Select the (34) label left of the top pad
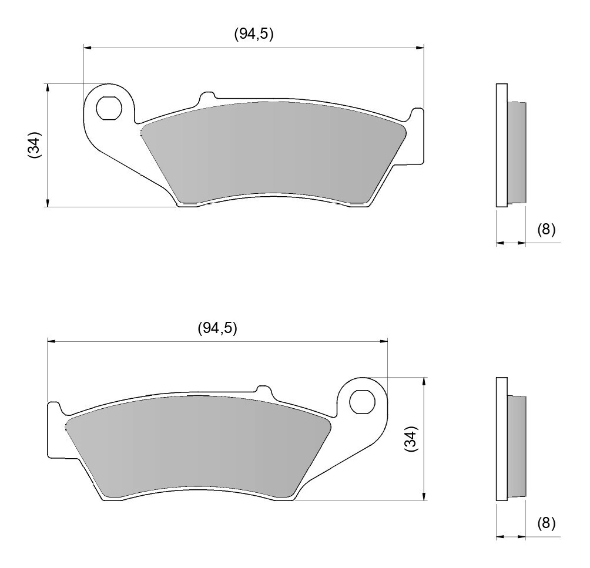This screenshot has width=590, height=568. click(x=35, y=144)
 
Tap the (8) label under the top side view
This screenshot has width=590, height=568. click(x=546, y=229)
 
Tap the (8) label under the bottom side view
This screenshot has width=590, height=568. click(x=546, y=523)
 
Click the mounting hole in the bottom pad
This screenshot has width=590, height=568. click(x=361, y=402)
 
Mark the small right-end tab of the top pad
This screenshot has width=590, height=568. click(x=418, y=135)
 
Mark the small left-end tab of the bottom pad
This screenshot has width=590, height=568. click(x=53, y=429)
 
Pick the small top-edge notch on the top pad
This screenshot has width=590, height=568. click(x=207, y=96)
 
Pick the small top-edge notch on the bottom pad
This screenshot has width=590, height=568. click(x=263, y=390)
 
